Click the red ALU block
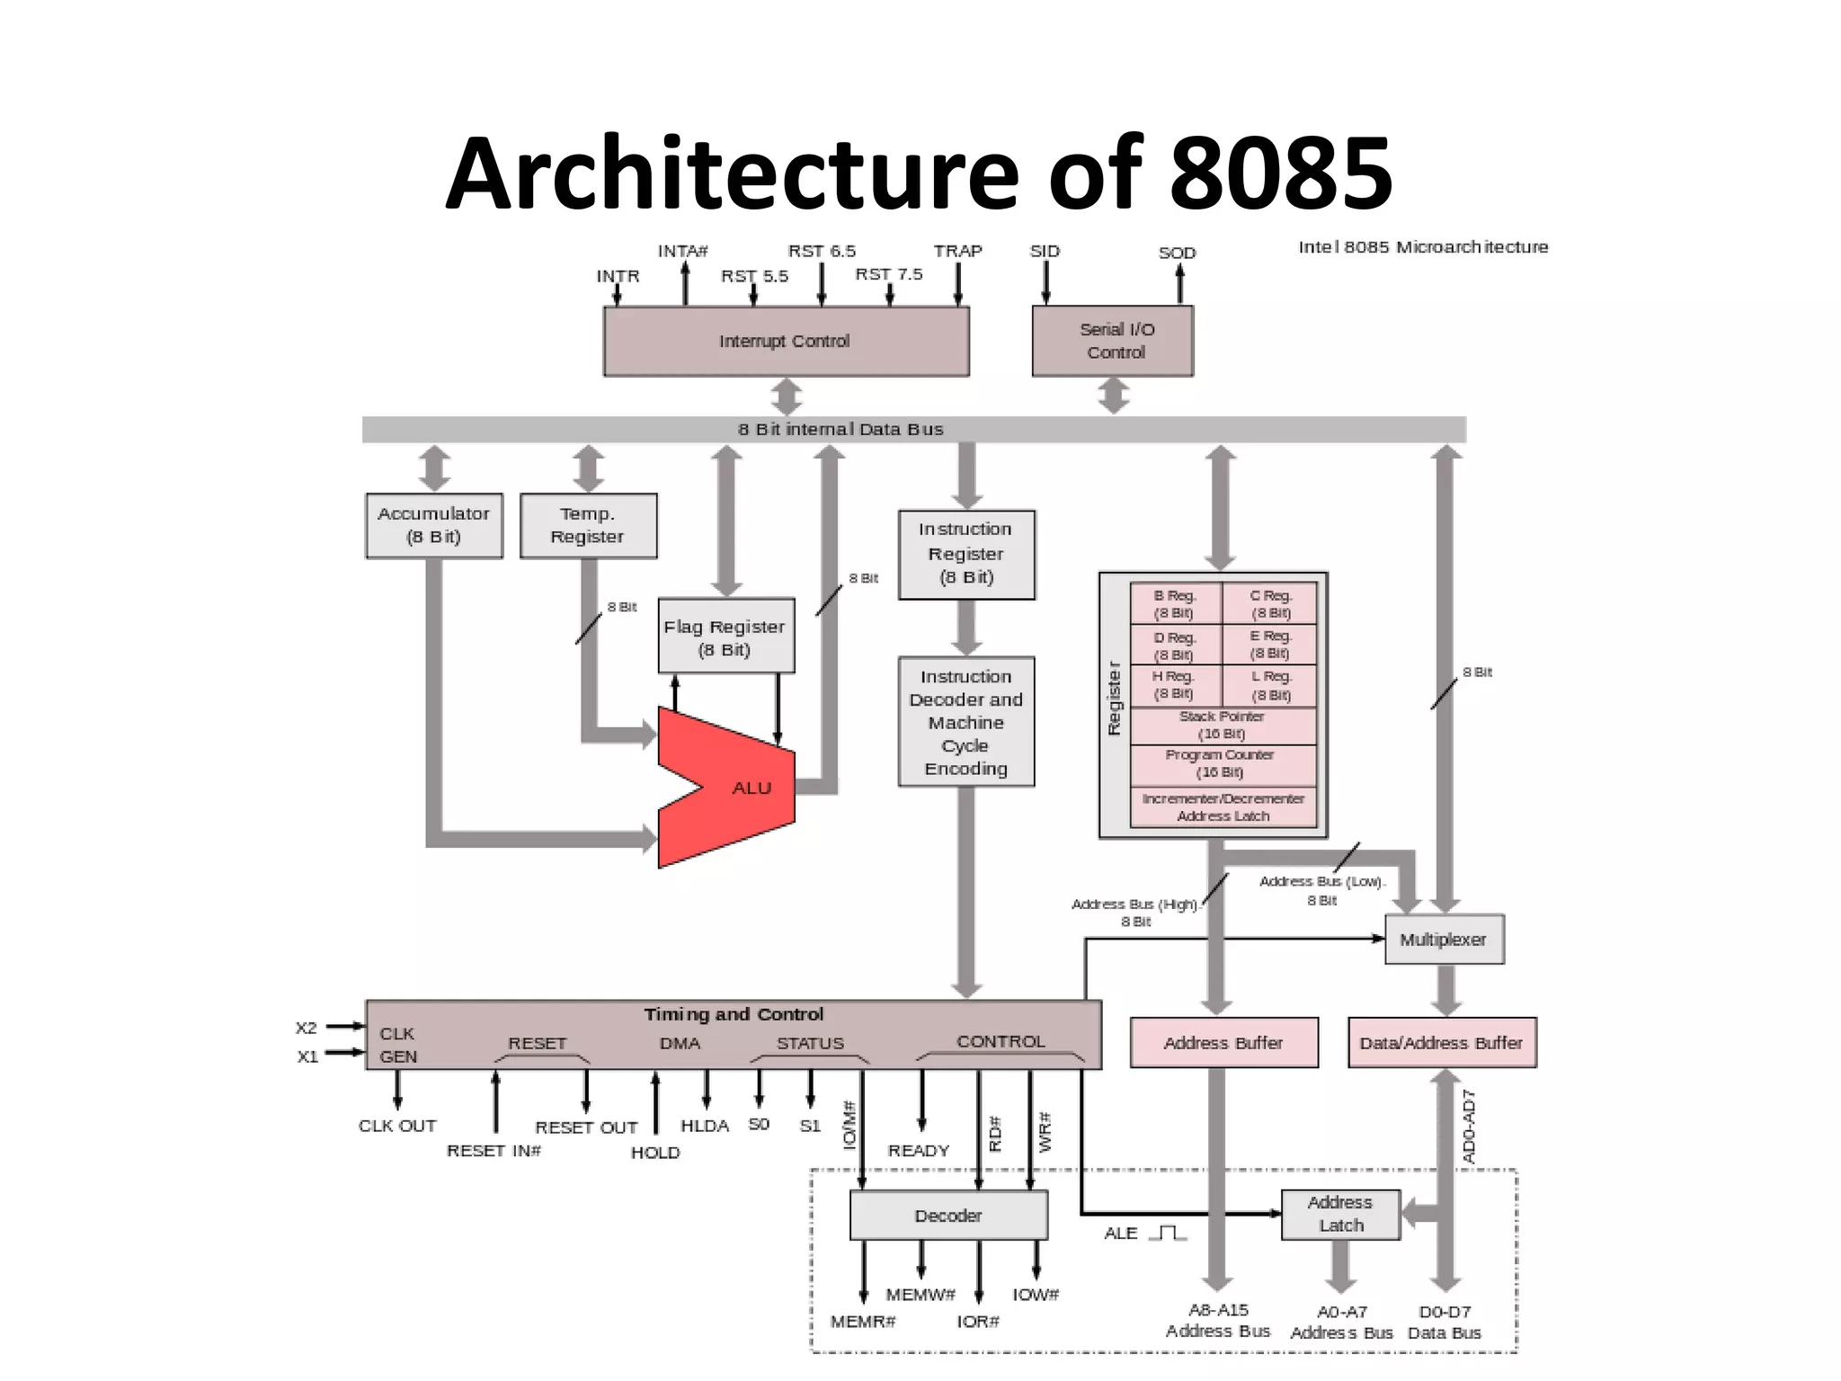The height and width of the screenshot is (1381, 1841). point(737,788)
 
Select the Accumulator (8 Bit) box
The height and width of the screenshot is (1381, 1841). point(433,525)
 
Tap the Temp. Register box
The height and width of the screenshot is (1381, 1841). point(588,525)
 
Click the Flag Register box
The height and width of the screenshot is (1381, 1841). point(725,637)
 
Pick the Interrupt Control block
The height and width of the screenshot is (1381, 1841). point(785,341)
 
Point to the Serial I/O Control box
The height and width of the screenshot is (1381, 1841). point(1113,341)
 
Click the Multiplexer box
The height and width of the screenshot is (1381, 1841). point(1443,940)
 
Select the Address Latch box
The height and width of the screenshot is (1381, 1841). point(1340,1214)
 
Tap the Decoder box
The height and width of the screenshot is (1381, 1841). point(948,1216)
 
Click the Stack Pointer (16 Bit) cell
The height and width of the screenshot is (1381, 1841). point(1222,725)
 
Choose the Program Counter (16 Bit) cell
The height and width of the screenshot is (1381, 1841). point(1222,763)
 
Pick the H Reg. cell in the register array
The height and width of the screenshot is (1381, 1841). point(1174,685)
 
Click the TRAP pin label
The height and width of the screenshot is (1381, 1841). point(957,251)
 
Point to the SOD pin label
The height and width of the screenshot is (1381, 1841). point(1177,253)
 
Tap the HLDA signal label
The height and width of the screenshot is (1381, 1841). point(705,1126)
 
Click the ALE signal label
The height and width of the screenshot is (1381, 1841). point(1121,1234)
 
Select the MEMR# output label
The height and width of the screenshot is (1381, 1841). point(863,1322)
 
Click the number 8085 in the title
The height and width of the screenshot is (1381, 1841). point(1280,174)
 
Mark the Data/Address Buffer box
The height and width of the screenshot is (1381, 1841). point(1441,1043)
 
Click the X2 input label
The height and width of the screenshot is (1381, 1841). point(307,1028)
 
